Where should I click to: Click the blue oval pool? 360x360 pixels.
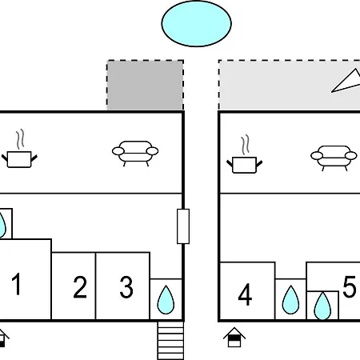point(197,23)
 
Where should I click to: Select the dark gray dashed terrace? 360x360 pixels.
point(146,85)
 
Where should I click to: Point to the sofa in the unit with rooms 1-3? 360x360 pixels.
point(135,153)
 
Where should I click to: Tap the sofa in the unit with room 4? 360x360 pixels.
point(334,158)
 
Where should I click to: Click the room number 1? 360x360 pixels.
point(17,284)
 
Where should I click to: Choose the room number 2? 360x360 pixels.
point(80,287)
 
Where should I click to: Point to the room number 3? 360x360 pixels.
point(126,287)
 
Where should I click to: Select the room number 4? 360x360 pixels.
point(245,294)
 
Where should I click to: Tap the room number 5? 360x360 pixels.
point(350,286)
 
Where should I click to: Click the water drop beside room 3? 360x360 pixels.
point(166,300)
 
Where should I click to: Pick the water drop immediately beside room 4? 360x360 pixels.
point(290,300)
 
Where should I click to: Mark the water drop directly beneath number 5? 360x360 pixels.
point(322,306)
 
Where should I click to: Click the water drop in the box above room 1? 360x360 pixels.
point(2,225)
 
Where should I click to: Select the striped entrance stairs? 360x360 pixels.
point(170,341)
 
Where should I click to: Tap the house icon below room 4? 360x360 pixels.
point(234,338)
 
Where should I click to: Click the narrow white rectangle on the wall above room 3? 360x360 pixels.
point(183,226)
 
